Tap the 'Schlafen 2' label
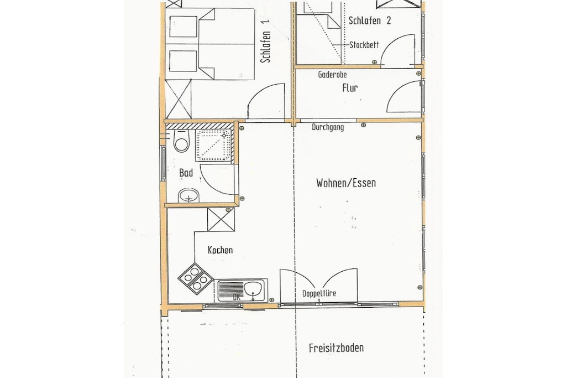[x=370, y=20]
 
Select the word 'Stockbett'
[x=364, y=45]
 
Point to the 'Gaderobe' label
[x=332, y=75]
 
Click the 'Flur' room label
[x=350, y=88]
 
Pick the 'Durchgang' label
[x=328, y=127]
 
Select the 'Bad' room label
[x=186, y=173]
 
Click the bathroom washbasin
[x=188, y=195]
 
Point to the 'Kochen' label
[x=220, y=250]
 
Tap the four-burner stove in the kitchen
[x=195, y=279]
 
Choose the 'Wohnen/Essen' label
[x=346, y=183]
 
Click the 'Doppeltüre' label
[x=319, y=293]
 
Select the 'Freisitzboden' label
[x=336, y=348]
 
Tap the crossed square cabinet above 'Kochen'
[x=221, y=219]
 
